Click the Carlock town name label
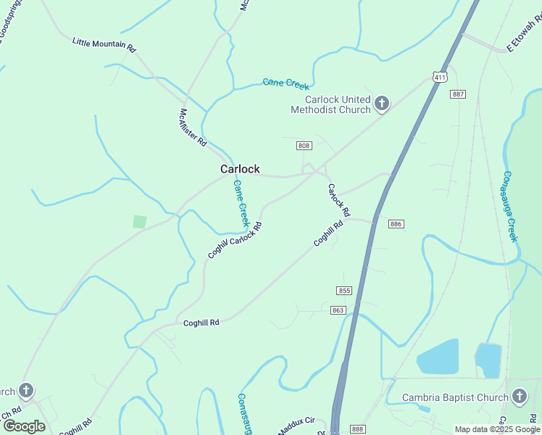(x=240, y=169)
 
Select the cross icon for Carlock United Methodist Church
(x=382, y=104)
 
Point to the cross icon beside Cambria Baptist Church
(x=519, y=397)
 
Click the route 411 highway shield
(x=440, y=76)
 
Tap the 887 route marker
(x=457, y=94)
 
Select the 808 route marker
(x=304, y=146)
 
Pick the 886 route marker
(x=396, y=224)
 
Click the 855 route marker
(x=344, y=291)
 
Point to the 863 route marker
(x=339, y=310)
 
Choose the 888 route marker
(x=357, y=429)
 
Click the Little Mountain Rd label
(x=104, y=44)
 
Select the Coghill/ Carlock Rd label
(x=234, y=240)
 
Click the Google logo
(x=24, y=426)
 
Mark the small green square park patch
(x=140, y=222)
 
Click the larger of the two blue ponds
(x=438, y=357)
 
